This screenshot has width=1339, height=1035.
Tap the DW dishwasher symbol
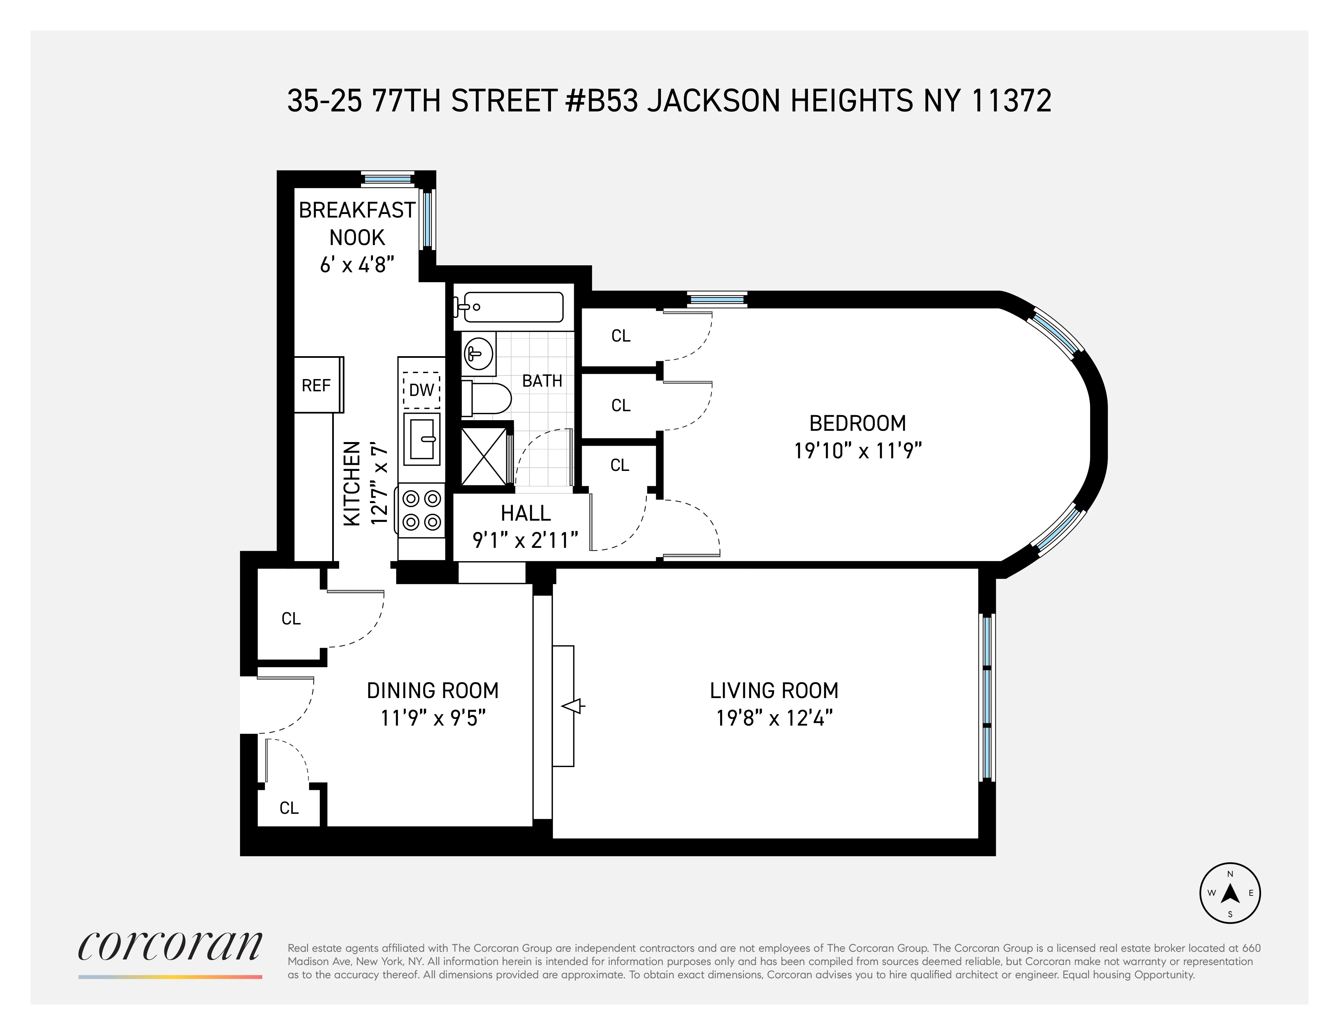421,389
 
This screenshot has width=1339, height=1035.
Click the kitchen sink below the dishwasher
422,439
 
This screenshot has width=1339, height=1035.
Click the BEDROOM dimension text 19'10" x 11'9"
858,451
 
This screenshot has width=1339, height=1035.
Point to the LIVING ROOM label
774,690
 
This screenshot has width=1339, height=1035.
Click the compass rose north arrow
1230,893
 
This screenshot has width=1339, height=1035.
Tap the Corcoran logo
170,947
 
